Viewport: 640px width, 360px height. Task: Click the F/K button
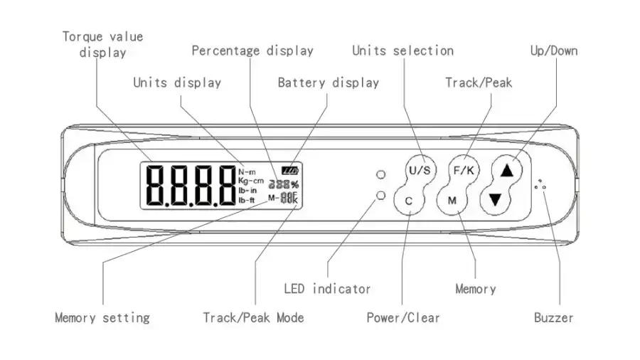464,170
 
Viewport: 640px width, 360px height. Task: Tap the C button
409,201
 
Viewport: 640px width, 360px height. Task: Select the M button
452,201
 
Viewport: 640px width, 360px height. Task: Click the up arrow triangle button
507,170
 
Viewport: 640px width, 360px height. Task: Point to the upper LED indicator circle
381,175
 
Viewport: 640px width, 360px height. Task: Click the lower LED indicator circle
381,196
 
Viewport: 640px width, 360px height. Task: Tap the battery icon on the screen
290,170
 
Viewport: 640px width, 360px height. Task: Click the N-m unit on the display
247,172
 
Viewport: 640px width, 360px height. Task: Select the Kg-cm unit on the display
251,181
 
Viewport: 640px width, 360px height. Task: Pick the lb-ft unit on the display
247,200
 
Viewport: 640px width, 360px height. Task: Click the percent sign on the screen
294,184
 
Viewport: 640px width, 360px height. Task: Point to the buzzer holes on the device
540,184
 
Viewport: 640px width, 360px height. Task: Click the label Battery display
328,83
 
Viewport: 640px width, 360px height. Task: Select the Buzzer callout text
553,317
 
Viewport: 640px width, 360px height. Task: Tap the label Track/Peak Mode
253,317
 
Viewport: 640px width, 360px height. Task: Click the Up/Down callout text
554,51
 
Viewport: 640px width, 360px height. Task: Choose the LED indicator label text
327,289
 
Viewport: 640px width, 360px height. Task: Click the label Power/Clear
403,317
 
